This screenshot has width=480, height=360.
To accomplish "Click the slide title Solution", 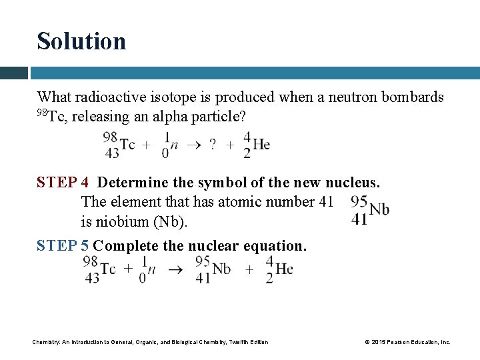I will tap(81, 41).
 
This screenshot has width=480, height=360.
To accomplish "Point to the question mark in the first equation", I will tap(213, 145).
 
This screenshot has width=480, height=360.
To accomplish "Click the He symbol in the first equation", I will tap(261, 144).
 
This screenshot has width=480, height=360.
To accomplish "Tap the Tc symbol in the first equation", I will tap(127, 145).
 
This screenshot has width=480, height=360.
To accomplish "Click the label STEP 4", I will tap(64, 182).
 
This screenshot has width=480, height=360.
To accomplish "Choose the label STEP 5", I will tap(62, 245).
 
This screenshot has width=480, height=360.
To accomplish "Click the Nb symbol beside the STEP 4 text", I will tap(379, 209).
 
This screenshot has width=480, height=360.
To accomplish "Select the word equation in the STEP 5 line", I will tap(279, 245).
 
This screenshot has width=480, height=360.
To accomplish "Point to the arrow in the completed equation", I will tap(175, 270).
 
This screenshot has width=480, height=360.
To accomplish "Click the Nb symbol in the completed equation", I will tap(221, 269).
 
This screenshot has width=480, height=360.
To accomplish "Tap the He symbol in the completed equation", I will tap(284, 269).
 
